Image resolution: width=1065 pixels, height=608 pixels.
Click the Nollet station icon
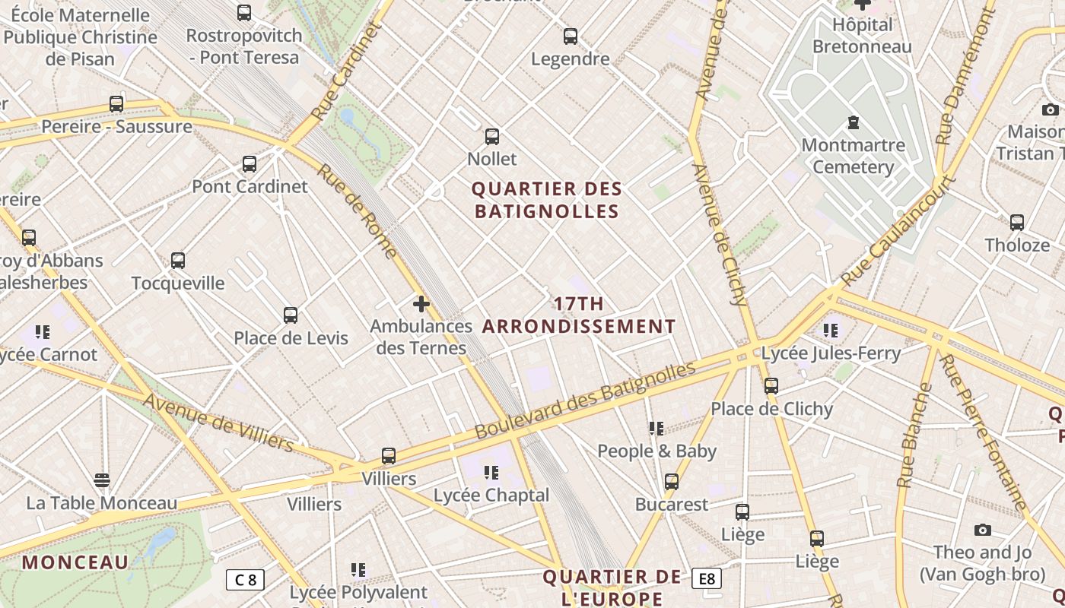[492, 137]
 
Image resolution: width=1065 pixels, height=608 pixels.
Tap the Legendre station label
[570, 59]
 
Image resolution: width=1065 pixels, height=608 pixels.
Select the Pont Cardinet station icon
[250, 163]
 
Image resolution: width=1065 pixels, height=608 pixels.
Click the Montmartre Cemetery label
[853, 156]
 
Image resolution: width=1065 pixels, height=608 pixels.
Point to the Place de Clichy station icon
[771, 386]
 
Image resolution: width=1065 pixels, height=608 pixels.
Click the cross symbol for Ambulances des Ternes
[421, 304]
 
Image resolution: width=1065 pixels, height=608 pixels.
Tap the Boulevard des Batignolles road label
[585, 401]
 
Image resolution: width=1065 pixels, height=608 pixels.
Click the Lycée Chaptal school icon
[491, 473]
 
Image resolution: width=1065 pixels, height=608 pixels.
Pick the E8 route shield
[707, 579]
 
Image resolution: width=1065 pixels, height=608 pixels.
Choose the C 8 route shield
[245, 580]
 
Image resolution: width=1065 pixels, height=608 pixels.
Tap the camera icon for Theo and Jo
[982, 530]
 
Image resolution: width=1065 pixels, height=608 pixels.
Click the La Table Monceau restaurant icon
[102, 480]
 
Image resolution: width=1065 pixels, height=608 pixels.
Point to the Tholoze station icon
[1017, 223]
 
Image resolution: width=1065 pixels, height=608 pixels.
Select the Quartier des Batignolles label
[547, 200]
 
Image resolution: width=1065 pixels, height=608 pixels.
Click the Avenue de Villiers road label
[218, 423]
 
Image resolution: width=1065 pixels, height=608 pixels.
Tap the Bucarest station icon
[671, 482]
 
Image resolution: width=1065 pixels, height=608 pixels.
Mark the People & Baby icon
[656, 429]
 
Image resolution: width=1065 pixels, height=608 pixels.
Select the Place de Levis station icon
[290, 315]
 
